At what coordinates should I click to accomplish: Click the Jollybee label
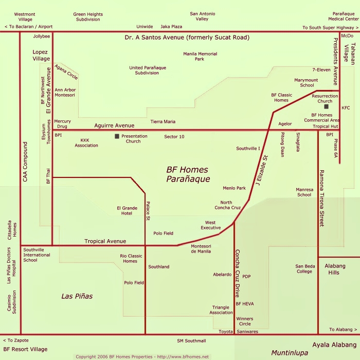tap(42, 37)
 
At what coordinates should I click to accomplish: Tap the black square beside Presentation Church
tap(117, 136)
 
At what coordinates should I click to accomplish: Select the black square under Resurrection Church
tap(326, 107)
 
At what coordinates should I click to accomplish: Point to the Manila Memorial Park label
tap(200, 56)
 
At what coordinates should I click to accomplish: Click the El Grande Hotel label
tap(127, 210)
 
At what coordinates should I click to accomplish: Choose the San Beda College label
tap(304, 268)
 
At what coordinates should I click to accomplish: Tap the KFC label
tap(346, 108)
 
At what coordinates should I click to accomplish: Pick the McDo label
tap(347, 35)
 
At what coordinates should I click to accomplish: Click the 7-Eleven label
tap(321, 69)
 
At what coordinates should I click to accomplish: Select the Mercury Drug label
tap(63, 124)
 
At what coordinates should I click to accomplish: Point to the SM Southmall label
tap(191, 340)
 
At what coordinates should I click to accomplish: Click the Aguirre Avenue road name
tap(114, 125)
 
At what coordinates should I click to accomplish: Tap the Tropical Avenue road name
tap(105, 241)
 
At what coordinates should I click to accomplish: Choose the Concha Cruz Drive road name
tap(238, 274)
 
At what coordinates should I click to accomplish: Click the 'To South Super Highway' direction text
tap(331, 27)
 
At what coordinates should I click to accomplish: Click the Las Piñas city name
tap(77, 296)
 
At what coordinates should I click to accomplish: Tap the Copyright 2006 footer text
tap(142, 356)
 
